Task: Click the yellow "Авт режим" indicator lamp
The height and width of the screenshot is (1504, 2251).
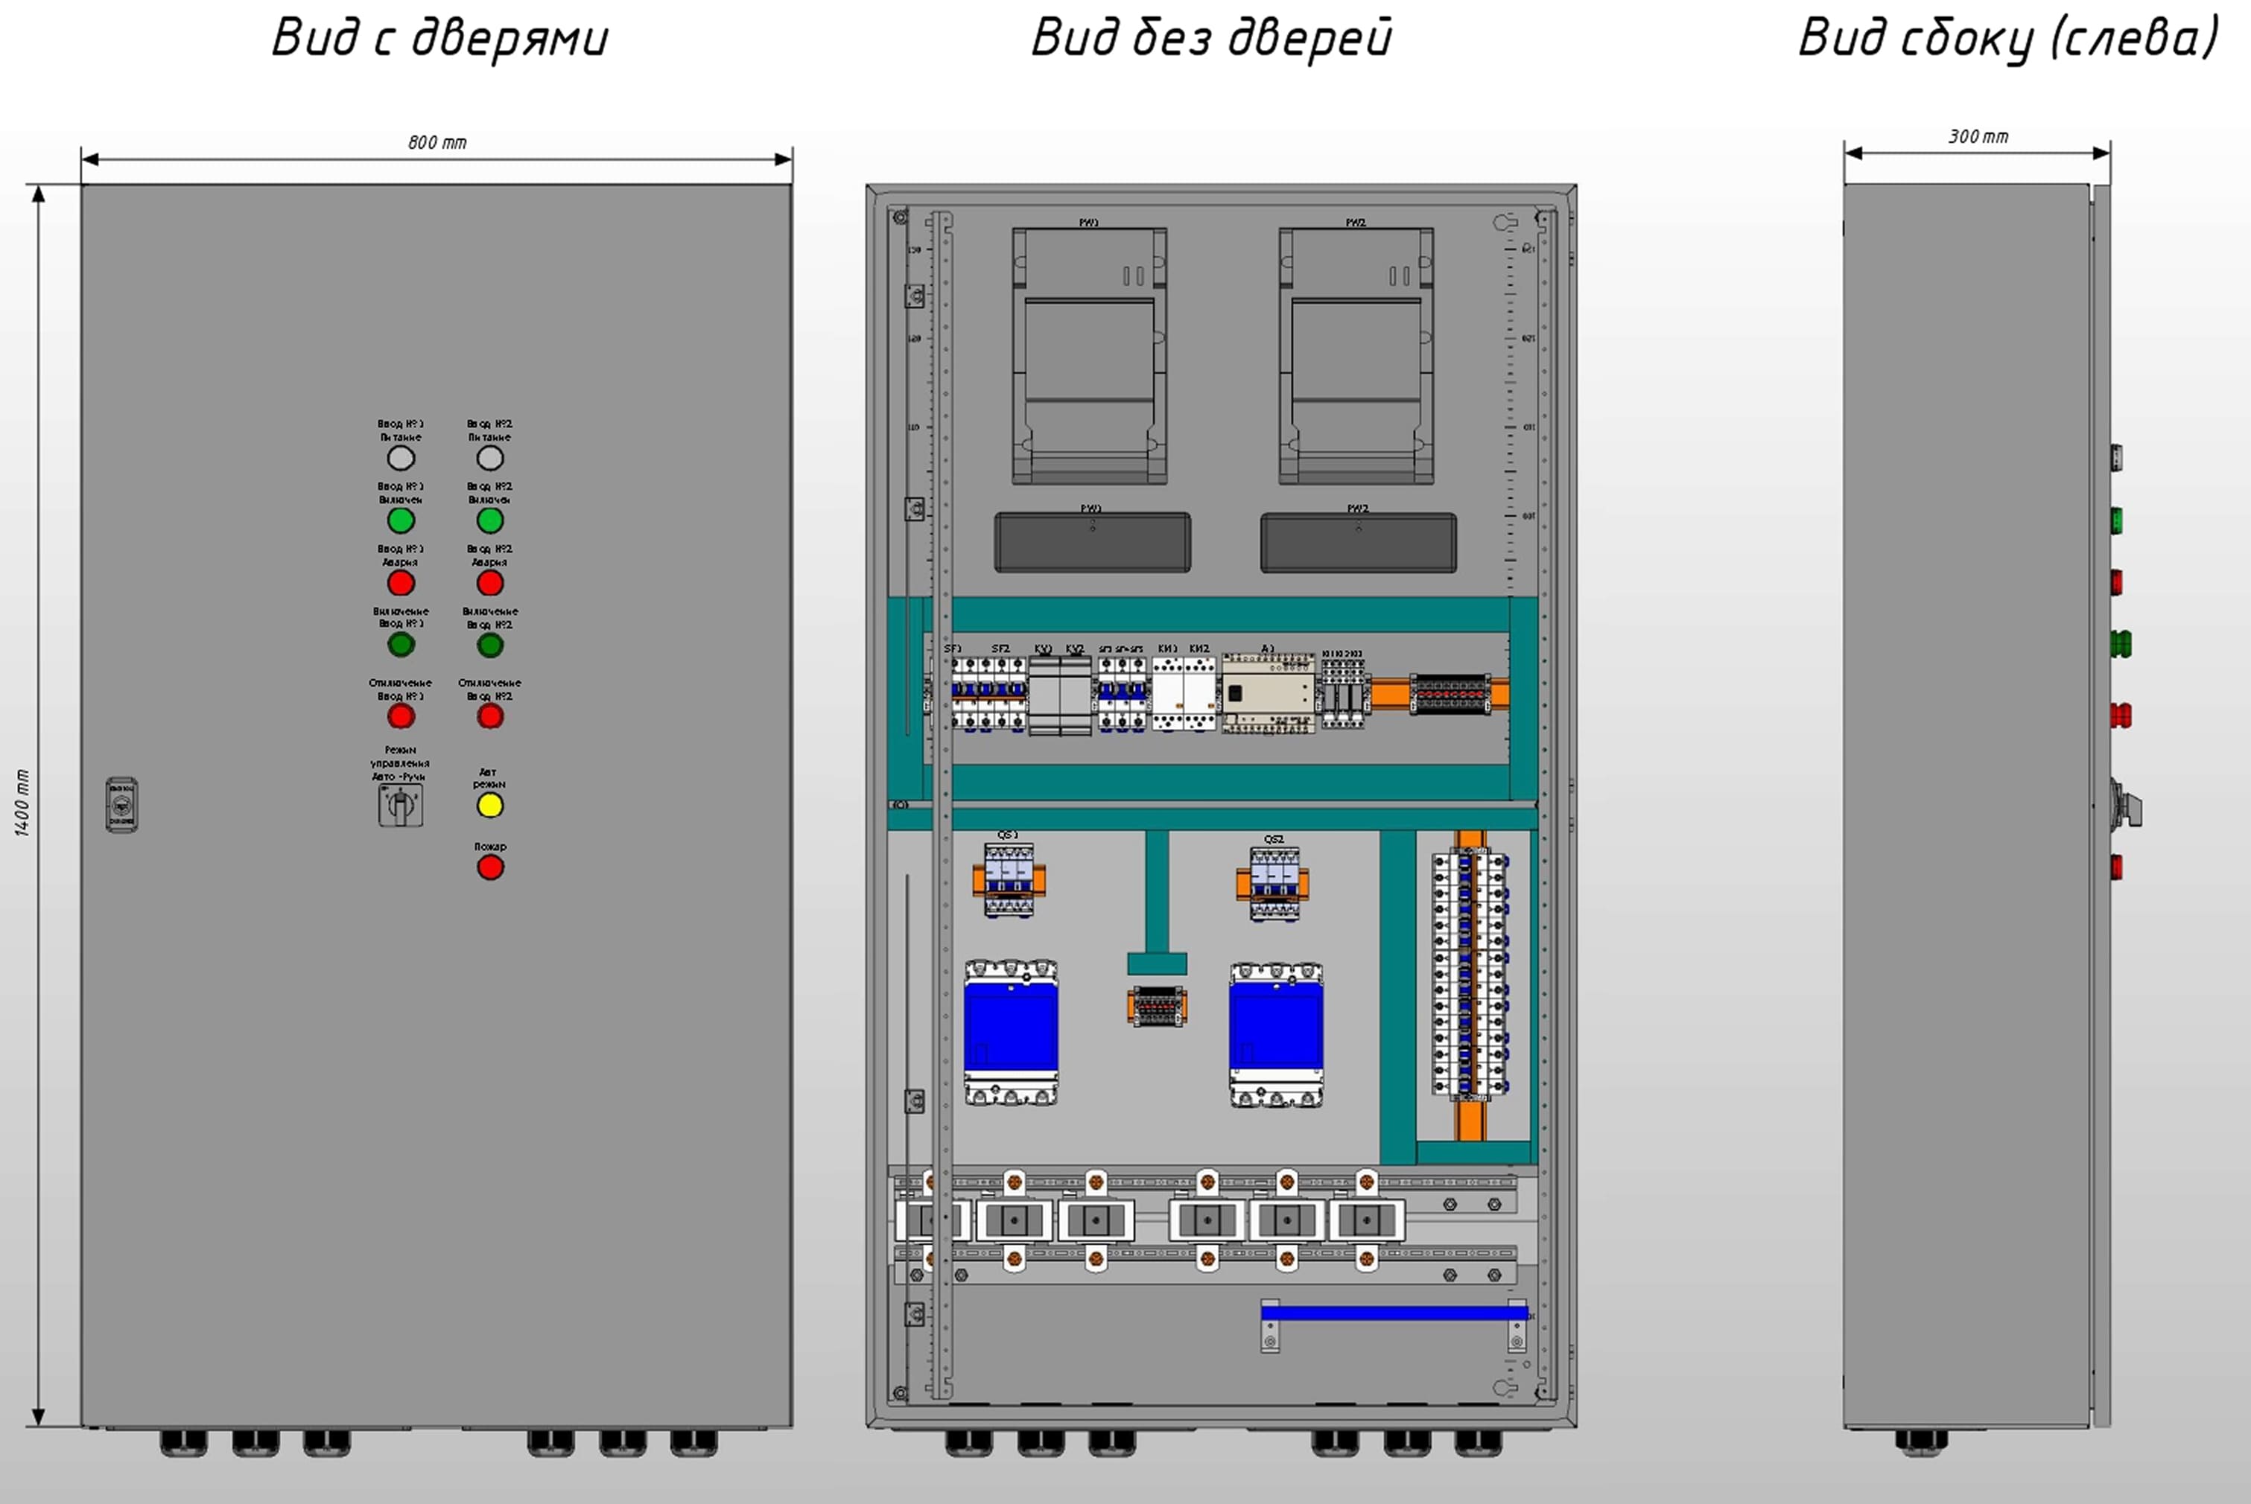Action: tap(490, 806)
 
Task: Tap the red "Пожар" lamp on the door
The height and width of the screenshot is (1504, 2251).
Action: tap(490, 868)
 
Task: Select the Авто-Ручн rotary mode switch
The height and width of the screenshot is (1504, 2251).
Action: tap(400, 806)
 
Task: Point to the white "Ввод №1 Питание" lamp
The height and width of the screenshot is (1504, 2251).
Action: tap(401, 459)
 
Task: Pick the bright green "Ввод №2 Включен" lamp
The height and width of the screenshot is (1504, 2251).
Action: tap(490, 521)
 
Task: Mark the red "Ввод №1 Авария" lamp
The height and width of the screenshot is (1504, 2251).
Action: tap(401, 583)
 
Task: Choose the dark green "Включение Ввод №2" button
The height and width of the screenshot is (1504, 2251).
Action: tap(490, 646)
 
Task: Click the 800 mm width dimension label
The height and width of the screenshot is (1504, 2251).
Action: tap(437, 143)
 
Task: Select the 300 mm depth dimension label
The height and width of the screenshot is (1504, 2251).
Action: tap(1978, 137)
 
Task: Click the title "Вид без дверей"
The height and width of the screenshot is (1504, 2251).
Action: tap(1211, 39)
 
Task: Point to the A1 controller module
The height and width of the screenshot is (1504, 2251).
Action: tap(1269, 693)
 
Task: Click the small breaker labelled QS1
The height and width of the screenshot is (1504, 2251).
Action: tap(1009, 879)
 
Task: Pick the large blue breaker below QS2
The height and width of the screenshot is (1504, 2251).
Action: tap(1276, 1035)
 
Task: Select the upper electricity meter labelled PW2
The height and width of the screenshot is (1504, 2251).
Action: tap(1356, 356)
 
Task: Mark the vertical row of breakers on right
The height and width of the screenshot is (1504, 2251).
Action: tap(1469, 974)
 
